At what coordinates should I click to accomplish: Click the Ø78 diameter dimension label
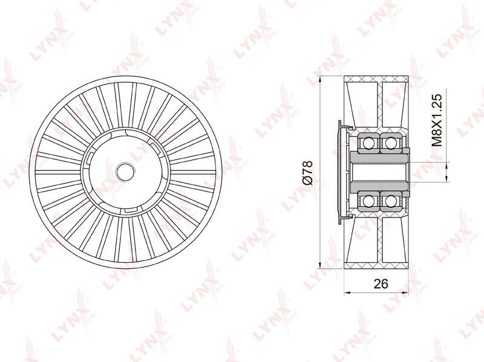tap(308, 172)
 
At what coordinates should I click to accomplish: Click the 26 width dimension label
tap(381, 283)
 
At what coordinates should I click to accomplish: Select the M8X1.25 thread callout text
tap(437, 120)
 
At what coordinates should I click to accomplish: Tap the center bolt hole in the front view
tap(125, 172)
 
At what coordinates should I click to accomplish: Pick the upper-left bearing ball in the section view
tap(368, 143)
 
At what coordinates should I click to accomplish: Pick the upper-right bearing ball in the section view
tap(390, 143)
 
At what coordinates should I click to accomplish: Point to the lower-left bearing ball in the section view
tap(368, 201)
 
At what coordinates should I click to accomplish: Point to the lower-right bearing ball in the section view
tap(390, 201)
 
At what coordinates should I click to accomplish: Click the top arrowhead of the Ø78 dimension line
tap(320, 79)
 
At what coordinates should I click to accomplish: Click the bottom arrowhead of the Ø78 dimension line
tap(320, 265)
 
